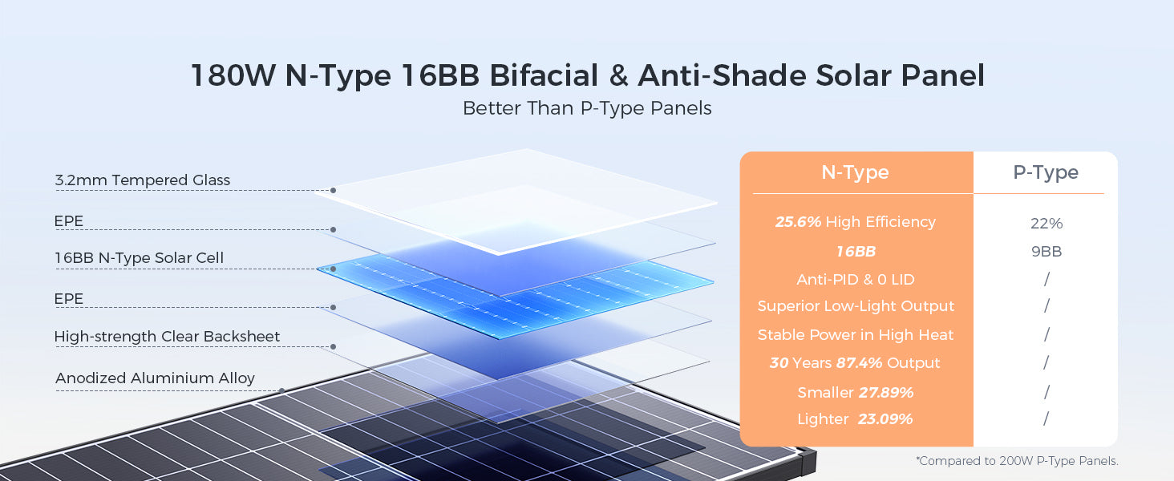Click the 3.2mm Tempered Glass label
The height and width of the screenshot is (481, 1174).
(x=142, y=180)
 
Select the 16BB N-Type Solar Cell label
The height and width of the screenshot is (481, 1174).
(x=139, y=258)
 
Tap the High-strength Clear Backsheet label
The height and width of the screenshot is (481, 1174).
(x=167, y=337)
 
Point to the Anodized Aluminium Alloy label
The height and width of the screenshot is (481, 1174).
(x=155, y=378)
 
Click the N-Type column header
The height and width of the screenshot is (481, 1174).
(x=855, y=172)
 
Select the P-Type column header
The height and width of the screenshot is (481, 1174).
(x=1046, y=172)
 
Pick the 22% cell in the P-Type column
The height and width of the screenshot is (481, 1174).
(x=1046, y=223)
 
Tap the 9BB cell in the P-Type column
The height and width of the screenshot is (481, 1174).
(x=1046, y=252)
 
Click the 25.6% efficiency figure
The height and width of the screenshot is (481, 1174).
(x=798, y=221)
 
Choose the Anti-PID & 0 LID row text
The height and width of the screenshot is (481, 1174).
(x=856, y=279)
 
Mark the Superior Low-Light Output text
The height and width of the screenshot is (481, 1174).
(x=856, y=306)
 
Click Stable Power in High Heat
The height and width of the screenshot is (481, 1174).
(x=856, y=334)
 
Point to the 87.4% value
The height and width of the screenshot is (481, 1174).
(x=859, y=362)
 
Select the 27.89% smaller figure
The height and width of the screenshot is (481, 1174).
(x=885, y=393)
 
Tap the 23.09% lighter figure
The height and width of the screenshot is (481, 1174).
(x=885, y=419)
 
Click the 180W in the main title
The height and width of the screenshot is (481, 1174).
(x=233, y=75)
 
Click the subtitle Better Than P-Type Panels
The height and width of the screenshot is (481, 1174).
(x=587, y=108)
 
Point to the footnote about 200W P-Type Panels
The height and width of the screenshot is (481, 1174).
(x=1017, y=461)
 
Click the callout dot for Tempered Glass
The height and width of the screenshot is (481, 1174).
(x=333, y=190)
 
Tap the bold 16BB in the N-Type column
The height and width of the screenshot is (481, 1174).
(x=856, y=252)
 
